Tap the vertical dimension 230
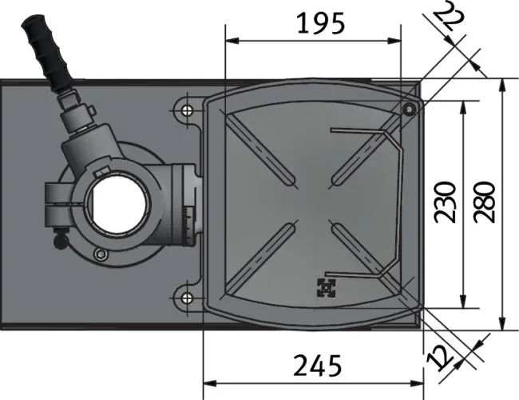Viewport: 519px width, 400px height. (446, 202)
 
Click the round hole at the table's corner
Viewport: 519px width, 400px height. (410, 109)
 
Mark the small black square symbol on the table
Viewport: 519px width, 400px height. (325, 286)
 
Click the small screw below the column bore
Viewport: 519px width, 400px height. (99, 254)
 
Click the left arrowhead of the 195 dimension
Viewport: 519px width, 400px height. (231, 42)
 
